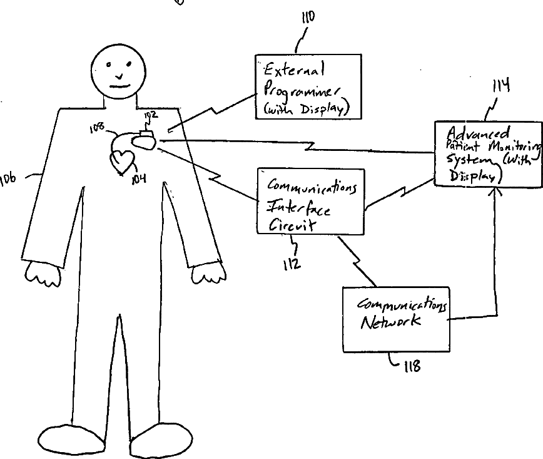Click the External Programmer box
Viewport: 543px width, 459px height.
[308, 86]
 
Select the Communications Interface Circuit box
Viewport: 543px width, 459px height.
[310, 201]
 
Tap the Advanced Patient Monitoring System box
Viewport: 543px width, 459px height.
[487, 153]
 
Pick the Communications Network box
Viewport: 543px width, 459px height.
[396, 319]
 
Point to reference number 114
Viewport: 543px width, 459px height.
[500, 85]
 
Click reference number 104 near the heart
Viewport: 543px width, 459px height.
[138, 178]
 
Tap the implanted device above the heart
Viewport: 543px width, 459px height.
[145, 139]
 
